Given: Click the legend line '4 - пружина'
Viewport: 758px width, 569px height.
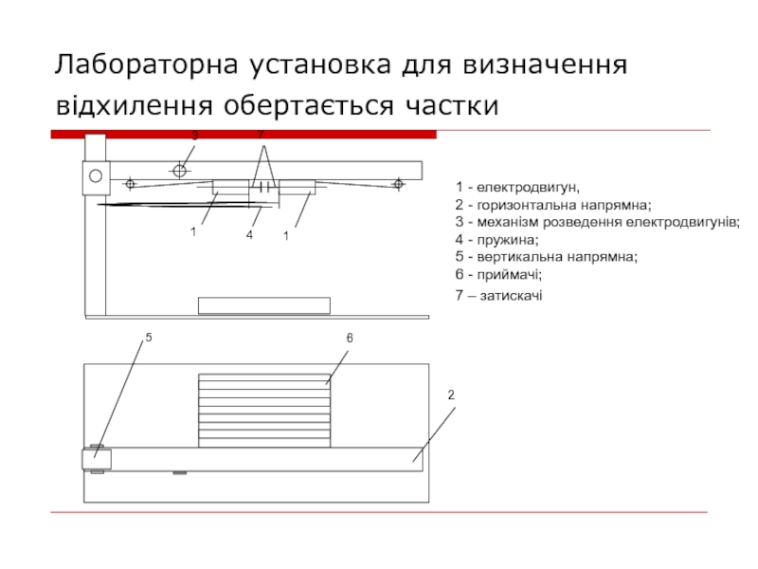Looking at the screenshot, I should (x=496, y=239).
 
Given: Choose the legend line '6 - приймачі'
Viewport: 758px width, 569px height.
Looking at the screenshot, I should (x=498, y=274).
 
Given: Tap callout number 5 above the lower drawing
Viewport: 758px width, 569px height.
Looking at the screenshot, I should (x=149, y=338).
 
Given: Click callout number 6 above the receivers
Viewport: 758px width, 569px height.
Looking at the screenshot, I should (x=349, y=338).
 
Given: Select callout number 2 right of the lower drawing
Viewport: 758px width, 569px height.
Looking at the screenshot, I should (x=451, y=394).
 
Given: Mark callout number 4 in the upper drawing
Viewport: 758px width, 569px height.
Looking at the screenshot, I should (x=249, y=233).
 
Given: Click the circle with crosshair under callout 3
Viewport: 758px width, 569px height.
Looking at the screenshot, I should (x=179, y=171).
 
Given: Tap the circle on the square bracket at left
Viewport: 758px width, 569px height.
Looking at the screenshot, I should (x=95, y=174).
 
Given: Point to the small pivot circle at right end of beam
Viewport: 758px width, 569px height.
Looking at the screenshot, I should (x=399, y=184).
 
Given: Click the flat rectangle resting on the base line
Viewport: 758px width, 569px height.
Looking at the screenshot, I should (x=263, y=305).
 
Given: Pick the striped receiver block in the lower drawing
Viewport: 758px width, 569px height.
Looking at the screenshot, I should (x=264, y=411).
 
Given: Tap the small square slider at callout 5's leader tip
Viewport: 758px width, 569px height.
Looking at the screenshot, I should (x=97, y=459).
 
